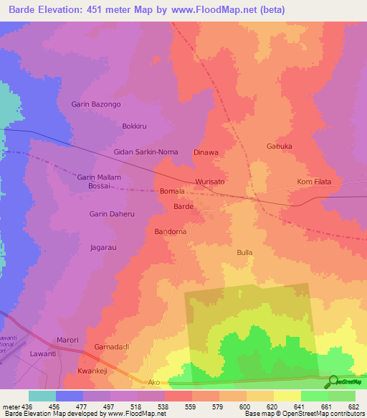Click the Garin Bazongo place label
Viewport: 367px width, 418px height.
96,105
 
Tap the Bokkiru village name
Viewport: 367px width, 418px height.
134,126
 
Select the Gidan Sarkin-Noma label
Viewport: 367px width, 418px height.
146,152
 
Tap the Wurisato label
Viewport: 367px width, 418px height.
210,182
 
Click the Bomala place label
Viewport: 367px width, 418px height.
172,192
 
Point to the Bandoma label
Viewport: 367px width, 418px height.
171,232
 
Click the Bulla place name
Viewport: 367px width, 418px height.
244,253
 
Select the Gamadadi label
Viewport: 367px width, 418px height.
111,347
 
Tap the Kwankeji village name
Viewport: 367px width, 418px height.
91,371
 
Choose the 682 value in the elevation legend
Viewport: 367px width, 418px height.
353,406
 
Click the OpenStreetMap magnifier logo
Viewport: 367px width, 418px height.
332,381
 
